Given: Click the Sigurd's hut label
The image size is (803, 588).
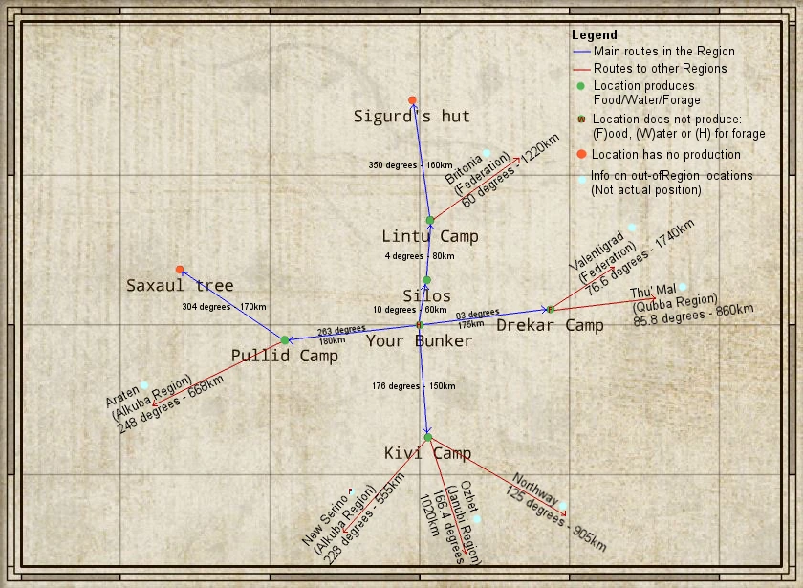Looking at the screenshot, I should click(412, 117).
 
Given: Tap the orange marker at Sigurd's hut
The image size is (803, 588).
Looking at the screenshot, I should click(412, 100).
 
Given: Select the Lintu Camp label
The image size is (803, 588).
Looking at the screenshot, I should click(430, 236).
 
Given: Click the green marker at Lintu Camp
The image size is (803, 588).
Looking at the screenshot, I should click(430, 221).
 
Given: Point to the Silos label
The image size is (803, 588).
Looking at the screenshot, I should click(426, 295).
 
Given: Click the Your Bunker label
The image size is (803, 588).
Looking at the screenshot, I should click(419, 340).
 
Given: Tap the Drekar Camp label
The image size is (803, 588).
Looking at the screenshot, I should click(550, 325).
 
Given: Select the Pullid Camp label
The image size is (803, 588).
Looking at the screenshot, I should click(285, 356).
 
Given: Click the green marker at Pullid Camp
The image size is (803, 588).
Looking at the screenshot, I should click(285, 339).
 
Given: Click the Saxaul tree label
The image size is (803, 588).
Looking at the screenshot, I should click(180, 285).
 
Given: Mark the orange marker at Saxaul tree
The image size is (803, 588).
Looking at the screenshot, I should click(180, 270).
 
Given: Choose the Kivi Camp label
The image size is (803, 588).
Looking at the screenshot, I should click(427, 453).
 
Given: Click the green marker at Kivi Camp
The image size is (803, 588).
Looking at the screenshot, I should click(428, 437).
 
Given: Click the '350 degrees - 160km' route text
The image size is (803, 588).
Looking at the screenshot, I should click(411, 165).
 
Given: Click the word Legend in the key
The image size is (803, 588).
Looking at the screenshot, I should click(595, 34).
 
